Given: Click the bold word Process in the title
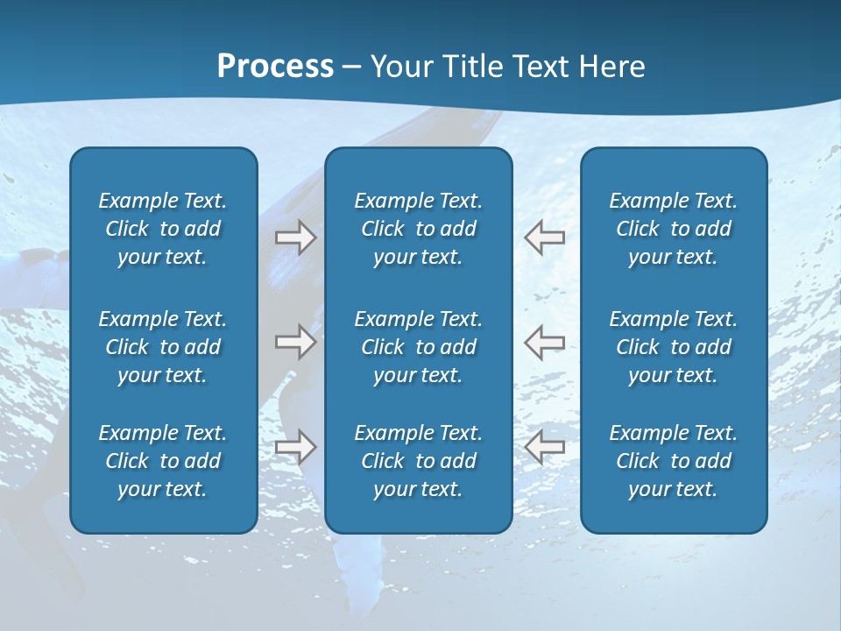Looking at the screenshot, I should click(275, 67).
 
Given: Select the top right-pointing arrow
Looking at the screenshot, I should click(295, 237).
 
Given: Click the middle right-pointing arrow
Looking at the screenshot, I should click(295, 341).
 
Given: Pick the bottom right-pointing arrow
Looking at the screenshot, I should click(295, 447).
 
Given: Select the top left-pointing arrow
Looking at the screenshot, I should click(545, 237).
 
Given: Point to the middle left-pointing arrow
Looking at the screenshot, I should click(545, 341).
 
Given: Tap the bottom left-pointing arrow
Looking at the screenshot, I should click(545, 447).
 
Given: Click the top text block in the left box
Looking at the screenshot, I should click(163, 229).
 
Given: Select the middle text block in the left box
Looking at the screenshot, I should click(163, 347).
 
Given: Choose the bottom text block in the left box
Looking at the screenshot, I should click(163, 461).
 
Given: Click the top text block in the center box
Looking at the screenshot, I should click(419, 229).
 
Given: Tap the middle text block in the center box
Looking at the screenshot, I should click(419, 347).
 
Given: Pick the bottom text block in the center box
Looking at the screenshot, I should click(419, 461).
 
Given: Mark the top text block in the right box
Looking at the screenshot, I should click(674, 229).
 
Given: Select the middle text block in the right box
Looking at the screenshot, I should click(674, 347).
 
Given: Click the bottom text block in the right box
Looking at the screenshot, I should click(674, 461).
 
